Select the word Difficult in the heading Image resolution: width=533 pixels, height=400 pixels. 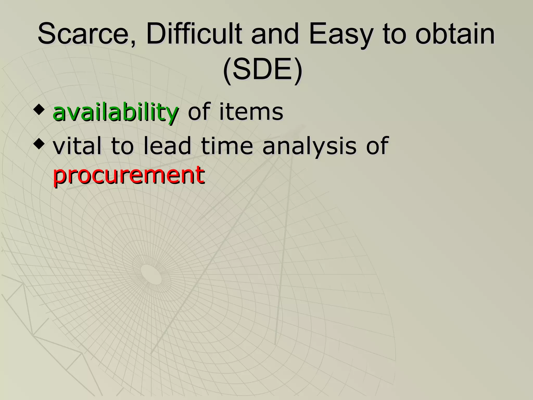[x=194, y=34]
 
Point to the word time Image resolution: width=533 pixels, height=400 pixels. [x=227, y=146]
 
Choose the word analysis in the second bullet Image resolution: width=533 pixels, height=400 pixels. [x=309, y=146]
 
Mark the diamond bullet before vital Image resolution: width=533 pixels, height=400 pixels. [x=39, y=144]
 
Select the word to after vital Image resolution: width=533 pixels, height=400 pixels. [x=122, y=146]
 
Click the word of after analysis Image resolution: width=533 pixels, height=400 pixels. [x=378, y=146]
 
